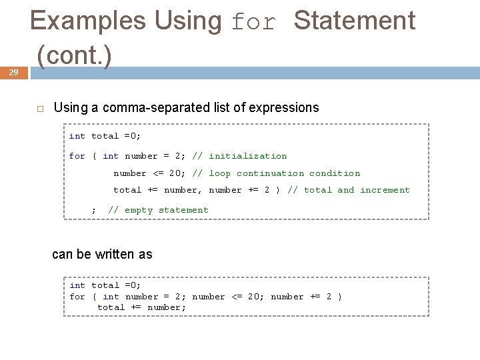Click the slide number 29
pos(13,73)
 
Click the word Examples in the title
pos(87,21)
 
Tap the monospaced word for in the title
pos(253,23)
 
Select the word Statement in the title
pos(354,21)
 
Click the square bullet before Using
pos(40,108)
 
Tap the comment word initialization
pos(247,156)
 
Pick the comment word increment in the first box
pos(385,190)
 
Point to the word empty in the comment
pos(139,210)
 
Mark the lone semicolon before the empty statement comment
pos(93,211)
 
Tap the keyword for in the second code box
pos(77,297)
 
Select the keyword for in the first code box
pos(77,156)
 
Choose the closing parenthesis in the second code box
pos(340,297)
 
